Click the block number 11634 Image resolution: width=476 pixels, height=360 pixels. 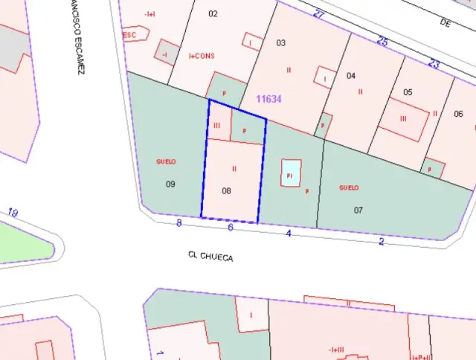pyautogui.click(x=268, y=99)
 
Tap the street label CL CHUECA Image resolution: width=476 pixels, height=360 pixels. pyautogui.click(x=210, y=257)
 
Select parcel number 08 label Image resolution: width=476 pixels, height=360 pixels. pyautogui.click(x=227, y=191)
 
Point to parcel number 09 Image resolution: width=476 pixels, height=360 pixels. pyautogui.click(x=170, y=184)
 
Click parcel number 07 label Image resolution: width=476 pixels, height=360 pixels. pyautogui.click(x=358, y=210)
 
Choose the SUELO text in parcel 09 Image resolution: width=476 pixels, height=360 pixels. pyautogui.click(x=166, y=161)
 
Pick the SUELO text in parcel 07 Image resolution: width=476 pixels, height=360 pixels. pyautogui.click(x=349, y=187)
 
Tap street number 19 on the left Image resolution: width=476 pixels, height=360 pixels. pyautogui.click(x=13, y=213)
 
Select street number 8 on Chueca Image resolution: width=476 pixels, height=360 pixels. pyautogui.click(x=179, y=222)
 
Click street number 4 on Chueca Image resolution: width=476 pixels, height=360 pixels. pyautogui.click(x=289, y=234)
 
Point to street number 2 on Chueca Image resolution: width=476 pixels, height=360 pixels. pyautogui.click(x=382, y=241)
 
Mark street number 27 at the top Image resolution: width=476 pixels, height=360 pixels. pyautogui.click(x=319, y=14)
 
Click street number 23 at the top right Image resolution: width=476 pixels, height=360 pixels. pyautogui.click(x=434, y=64)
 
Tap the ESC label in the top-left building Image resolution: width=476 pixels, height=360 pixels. pyautogui.click(x=130, y=35)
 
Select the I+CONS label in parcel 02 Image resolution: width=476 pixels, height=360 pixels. pyautogui.click(x=202, y=55)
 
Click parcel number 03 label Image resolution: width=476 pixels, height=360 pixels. pyautogui.click(x=280, y=42)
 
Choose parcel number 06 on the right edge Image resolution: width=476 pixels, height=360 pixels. pyautogui.click(x=458, y=114)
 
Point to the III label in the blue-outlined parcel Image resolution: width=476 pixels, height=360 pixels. pyautogui.click(x=216, y=126)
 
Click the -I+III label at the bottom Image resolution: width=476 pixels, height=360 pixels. pyautogui.click(x=336, y=350)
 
